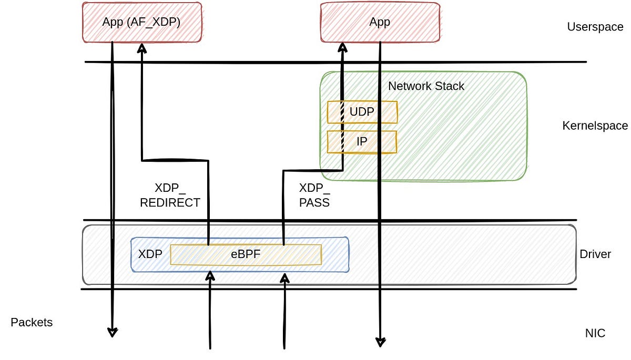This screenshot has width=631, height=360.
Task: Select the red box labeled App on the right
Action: (380, 22)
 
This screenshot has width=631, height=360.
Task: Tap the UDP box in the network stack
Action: (362, 112)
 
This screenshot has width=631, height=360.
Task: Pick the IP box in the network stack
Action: (362, 142)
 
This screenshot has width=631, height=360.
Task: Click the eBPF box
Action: (246, 254)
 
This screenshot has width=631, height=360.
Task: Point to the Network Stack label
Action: (426, 86)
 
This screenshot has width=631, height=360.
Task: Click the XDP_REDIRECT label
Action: (170, 195)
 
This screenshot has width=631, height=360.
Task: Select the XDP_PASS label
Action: (314, 195)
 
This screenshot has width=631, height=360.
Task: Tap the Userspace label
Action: (595, 27)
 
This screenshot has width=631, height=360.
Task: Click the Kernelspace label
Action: (595, 126)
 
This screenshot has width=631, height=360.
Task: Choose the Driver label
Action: (595, 254)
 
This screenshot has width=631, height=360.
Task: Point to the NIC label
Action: (595, 333)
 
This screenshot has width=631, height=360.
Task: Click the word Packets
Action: (32, 322)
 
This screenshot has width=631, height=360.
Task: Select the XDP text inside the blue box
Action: (150, 254)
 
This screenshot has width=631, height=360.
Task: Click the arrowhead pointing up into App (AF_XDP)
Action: (142, 48)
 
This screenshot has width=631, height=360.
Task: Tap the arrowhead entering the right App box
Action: (342, 48)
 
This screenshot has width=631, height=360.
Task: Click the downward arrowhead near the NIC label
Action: (380, 342)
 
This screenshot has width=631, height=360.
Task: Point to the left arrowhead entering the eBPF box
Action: (210, 275)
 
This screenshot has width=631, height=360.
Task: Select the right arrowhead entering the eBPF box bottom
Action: (284, 276)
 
